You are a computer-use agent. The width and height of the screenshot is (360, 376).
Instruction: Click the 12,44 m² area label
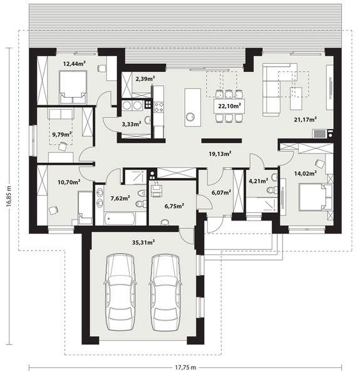coord(75,63)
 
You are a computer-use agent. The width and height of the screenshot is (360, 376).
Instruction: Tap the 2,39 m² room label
coord(145,79)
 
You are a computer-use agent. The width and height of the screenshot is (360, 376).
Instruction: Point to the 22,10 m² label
coord(229,106)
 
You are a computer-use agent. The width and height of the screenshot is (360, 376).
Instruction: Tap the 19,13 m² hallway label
coord(220,152)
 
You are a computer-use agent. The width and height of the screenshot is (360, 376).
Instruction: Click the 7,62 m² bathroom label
coord(120,198)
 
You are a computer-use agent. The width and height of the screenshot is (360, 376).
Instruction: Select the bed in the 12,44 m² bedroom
coord(73,86)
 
